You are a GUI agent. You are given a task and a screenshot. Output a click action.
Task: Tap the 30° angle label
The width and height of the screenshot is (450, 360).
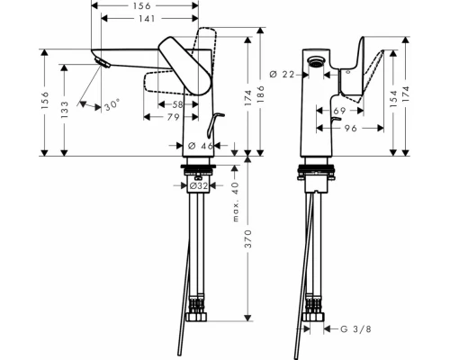pyautogui.click(x=111, y=105)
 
